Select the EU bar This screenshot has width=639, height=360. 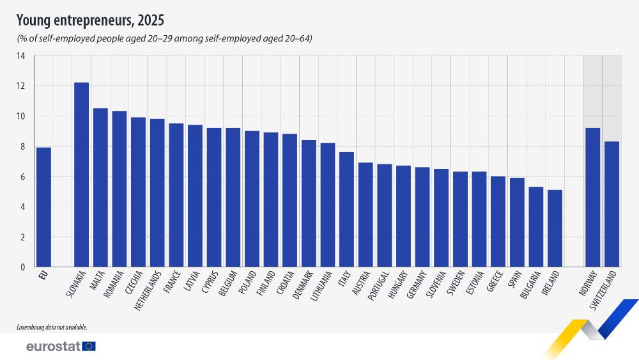pyautogui.click(x=43, y=207)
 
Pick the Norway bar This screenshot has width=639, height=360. pyautogui.click(x=593, y=198)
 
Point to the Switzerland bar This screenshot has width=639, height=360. pyautogui.click(x=612, y=204)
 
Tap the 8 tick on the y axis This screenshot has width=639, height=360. pyautogui.click(x=22, y=146)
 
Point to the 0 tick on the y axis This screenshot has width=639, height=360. pyautogui.click(x=22, y=267)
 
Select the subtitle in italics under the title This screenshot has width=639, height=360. pyautogui.click(x=164, y=39)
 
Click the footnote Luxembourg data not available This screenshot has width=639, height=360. pyautogui.click(x=52, y=327)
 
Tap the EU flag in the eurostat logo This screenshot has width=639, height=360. pyautogui.click(x=89, y=347)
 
